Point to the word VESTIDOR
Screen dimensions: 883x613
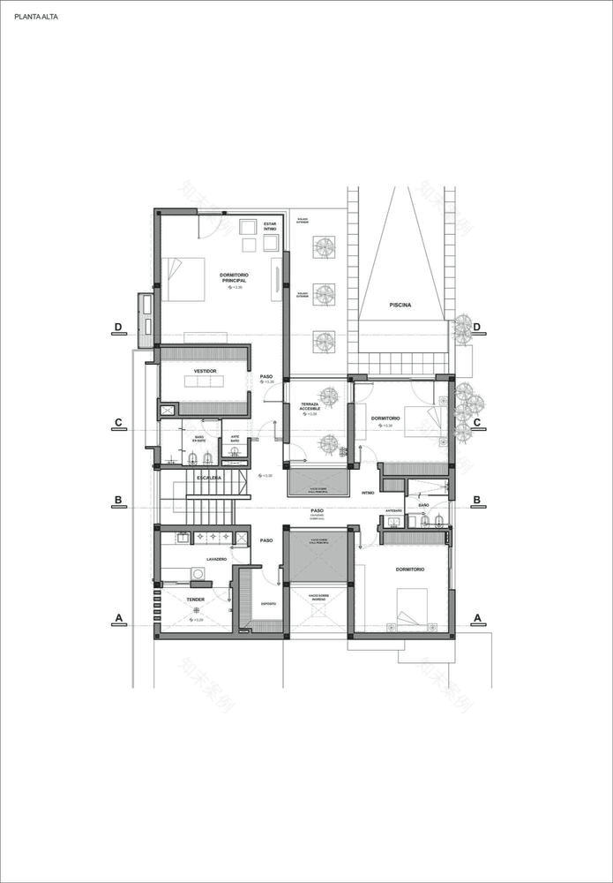click(205, 371)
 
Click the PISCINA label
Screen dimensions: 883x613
click(401, 305)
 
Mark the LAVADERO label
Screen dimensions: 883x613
click(217, 560)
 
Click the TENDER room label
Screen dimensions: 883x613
click(196, 600)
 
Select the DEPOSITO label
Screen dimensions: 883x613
click(268, 604)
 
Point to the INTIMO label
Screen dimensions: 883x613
click(368, 493)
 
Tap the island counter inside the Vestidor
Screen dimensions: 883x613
click(204, 381)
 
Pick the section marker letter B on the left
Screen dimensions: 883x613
click(118, 501)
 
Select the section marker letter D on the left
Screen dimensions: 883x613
click(118, 327)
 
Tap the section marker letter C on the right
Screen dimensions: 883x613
click(477, 422)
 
